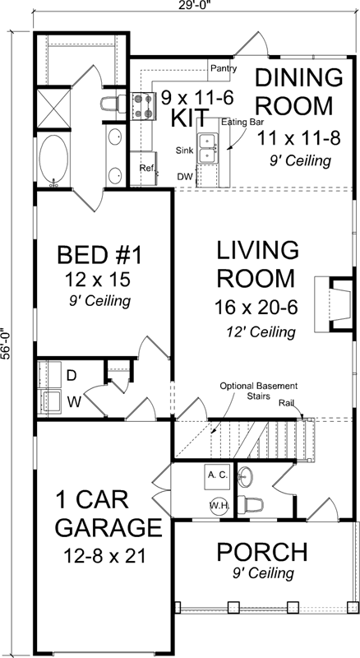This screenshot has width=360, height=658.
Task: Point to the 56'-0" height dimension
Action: tap(7, 341)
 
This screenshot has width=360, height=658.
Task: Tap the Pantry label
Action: tap(224, 68)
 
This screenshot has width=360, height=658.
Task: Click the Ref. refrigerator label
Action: tap(147, 168)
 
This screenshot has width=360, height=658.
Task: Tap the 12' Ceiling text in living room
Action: tap(261, 331)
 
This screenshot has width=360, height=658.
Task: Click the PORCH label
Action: tap(262, 551)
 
